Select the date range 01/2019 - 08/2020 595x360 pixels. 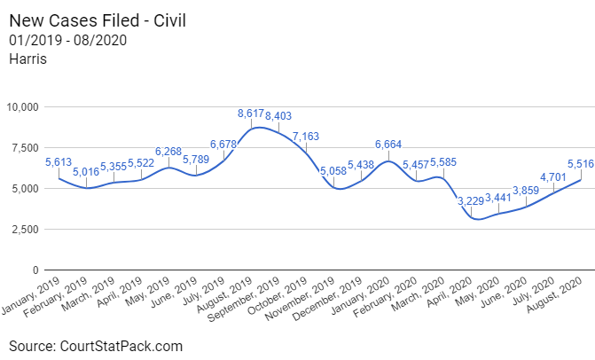pyautogui.click(x=68, y=41)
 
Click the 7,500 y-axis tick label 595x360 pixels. pyautogui.click(x=23, y=148)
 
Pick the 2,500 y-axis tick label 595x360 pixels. pyautogui.click(x=23, y=229)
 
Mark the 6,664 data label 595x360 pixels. pyautogui.click(x=390, y=145)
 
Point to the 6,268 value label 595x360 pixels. pyautogui.click(x=170, y=151)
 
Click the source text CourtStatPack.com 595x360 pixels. pyautogui.click(x=96, y=346)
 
